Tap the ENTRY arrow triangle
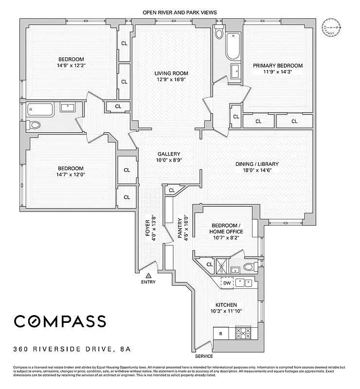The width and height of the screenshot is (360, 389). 148,275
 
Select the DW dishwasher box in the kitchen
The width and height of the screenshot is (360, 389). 227,283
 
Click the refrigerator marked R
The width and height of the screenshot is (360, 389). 221,334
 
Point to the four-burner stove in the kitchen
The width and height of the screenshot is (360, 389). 242,333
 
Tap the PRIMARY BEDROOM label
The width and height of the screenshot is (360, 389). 277,66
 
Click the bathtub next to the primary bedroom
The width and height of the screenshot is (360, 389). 233,50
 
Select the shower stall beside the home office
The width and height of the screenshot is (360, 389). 221,266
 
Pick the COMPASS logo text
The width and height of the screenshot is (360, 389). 59,321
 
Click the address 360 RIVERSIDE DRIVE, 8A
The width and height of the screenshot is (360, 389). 72,349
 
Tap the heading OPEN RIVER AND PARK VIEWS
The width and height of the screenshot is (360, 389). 180,12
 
